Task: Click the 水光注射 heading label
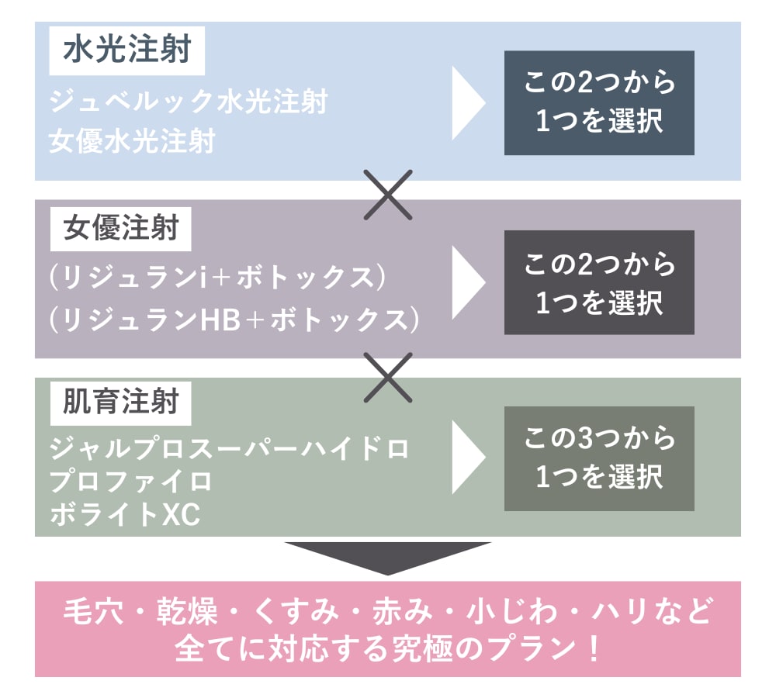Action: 127,52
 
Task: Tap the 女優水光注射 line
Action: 132,143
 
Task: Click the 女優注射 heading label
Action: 120,229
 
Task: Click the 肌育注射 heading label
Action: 120,402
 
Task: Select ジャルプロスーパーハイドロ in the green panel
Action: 229,448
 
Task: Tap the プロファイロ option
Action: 130,481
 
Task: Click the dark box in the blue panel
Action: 599,103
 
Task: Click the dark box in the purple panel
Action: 599,282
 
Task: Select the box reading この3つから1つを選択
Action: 599,458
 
